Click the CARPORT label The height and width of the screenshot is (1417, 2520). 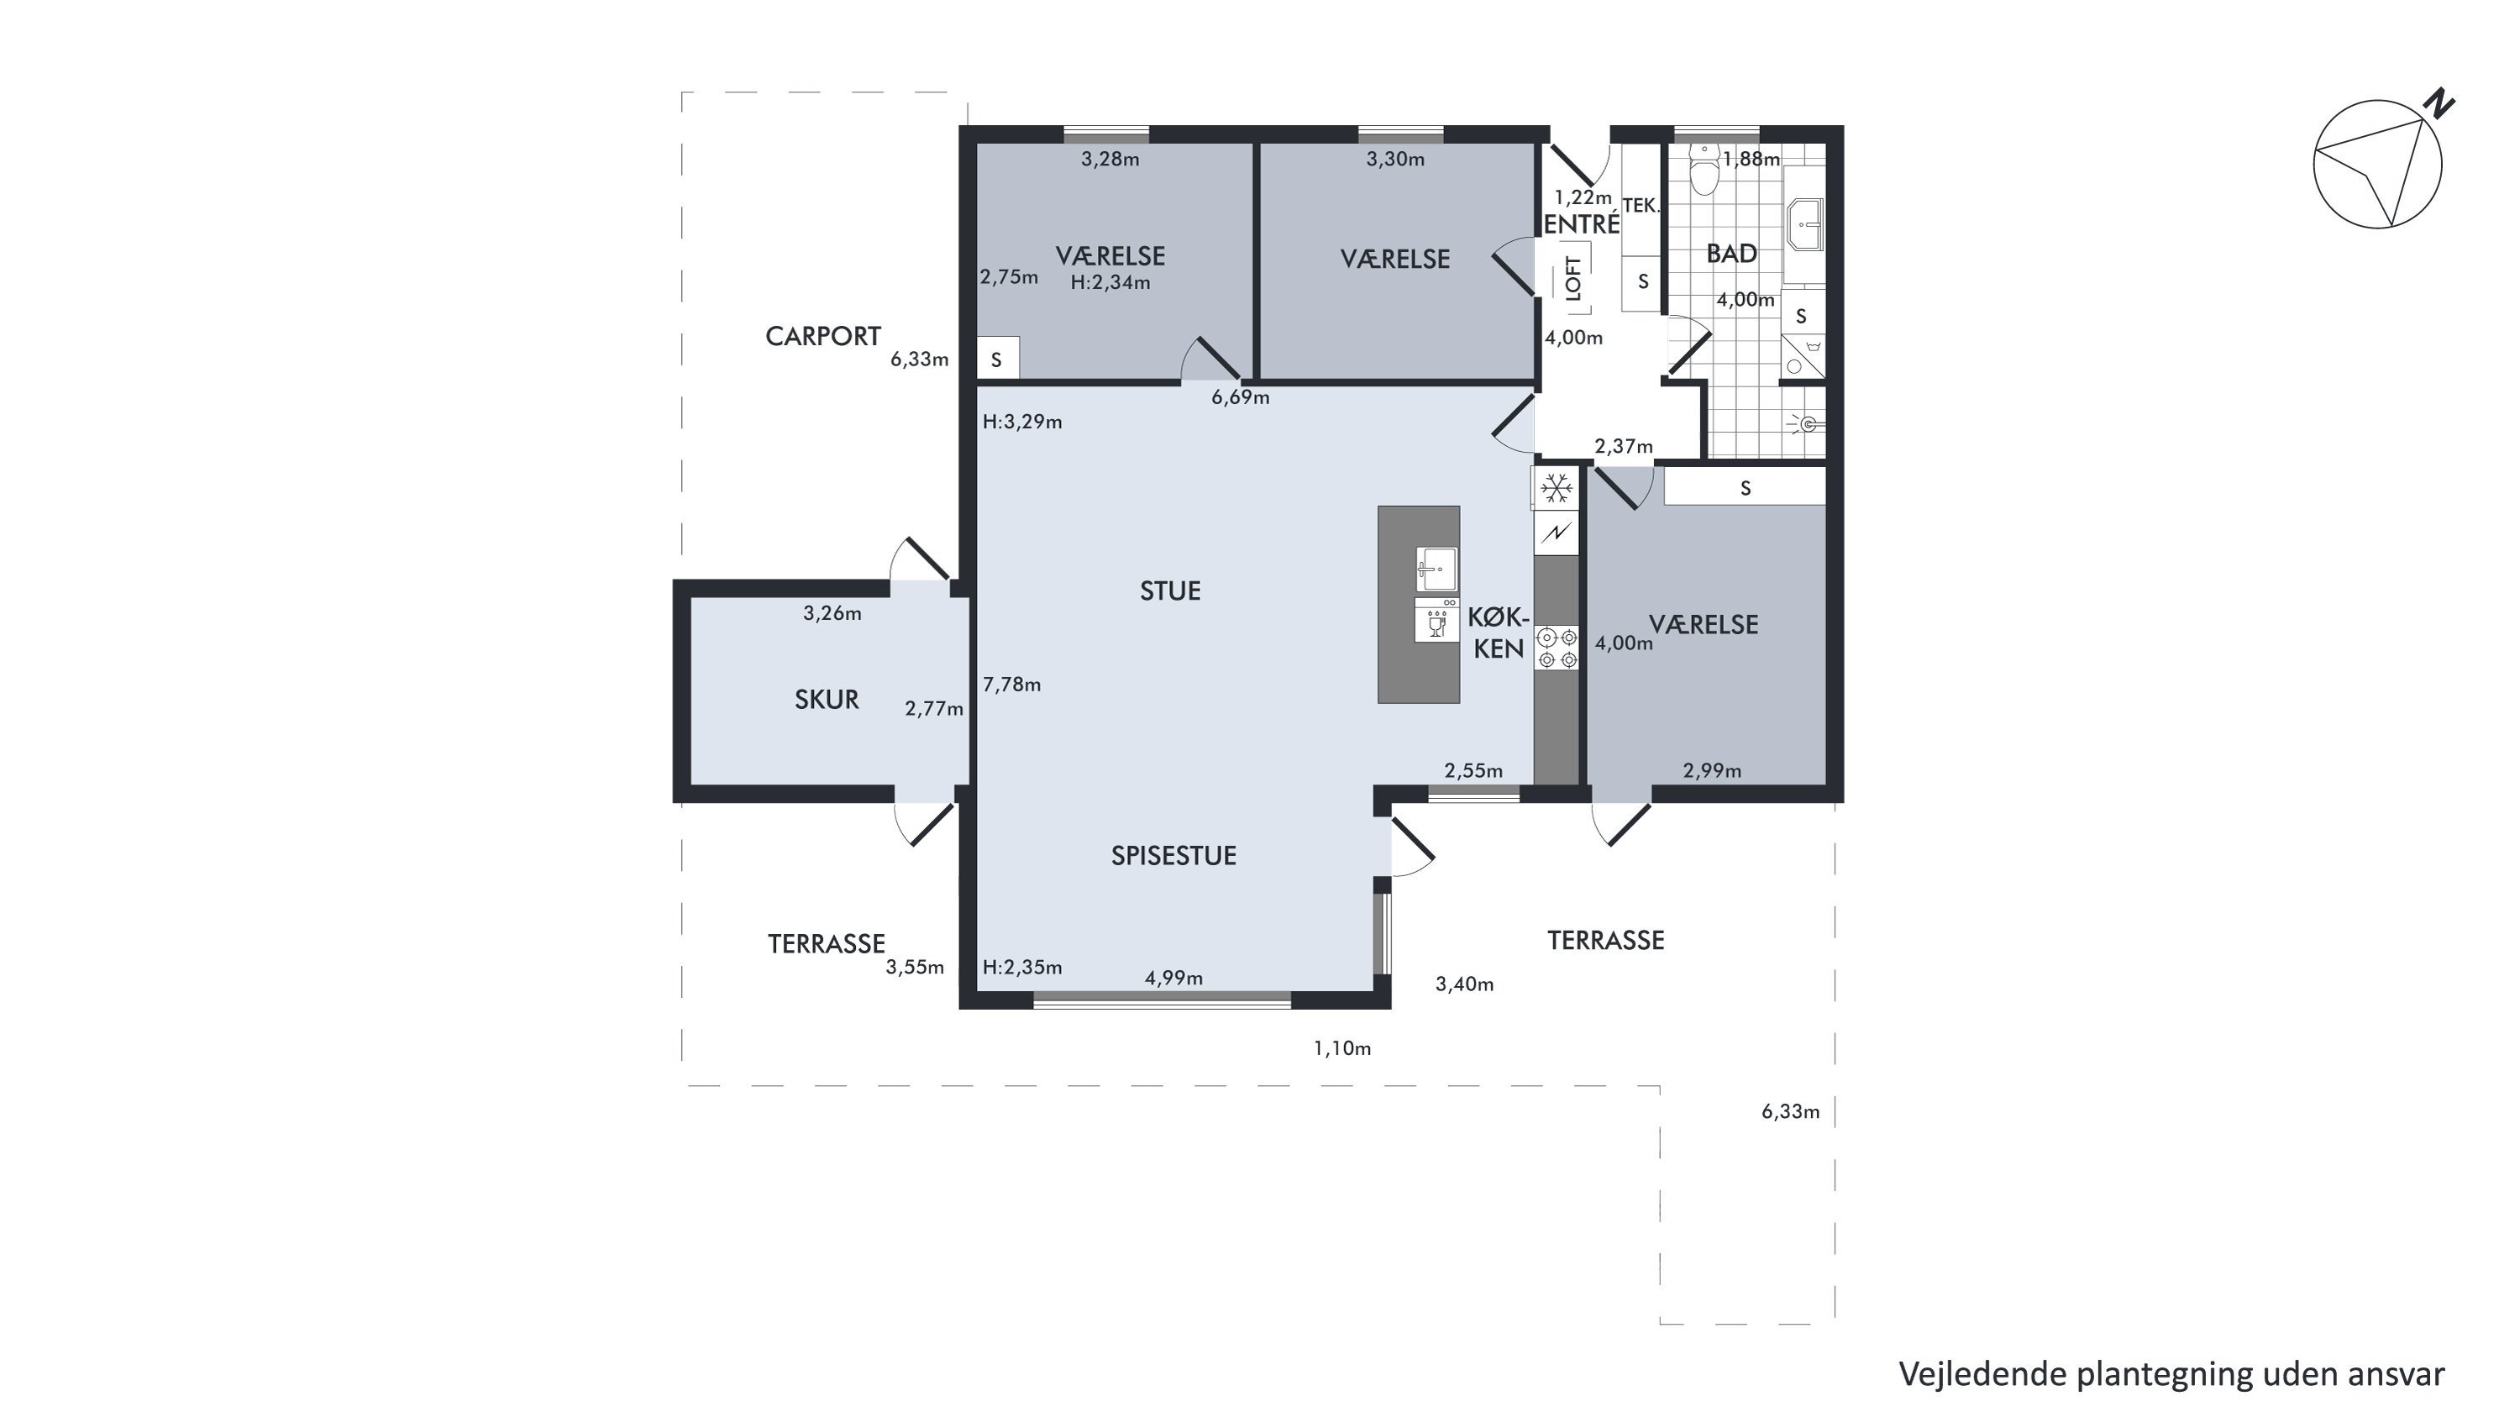pos(822,337)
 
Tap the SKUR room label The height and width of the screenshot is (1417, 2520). pos(827,699)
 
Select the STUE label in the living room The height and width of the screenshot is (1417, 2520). pos(1170,590)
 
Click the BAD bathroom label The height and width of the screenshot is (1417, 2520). pos(1731,254)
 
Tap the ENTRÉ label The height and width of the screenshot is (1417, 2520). pos(1582,224)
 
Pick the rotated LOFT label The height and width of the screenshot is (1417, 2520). pos(1573,278)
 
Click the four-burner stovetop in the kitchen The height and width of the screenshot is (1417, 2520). pos(1557,648)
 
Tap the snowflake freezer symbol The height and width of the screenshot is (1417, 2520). pos(1557,488)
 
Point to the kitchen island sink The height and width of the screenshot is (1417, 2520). pos(1436,569)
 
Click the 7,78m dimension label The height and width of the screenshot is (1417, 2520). pos(1011,685)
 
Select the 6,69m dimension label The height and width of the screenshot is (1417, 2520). pos(1241,397)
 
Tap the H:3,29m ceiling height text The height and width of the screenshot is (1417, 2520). pos(1022,422)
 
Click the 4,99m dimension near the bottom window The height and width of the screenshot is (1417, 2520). pos(1174,978)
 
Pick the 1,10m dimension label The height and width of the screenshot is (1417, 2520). pos(1342,1048)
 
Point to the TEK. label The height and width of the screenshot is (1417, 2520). pos(1641,205)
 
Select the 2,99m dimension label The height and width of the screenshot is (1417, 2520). pos(1712,770)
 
